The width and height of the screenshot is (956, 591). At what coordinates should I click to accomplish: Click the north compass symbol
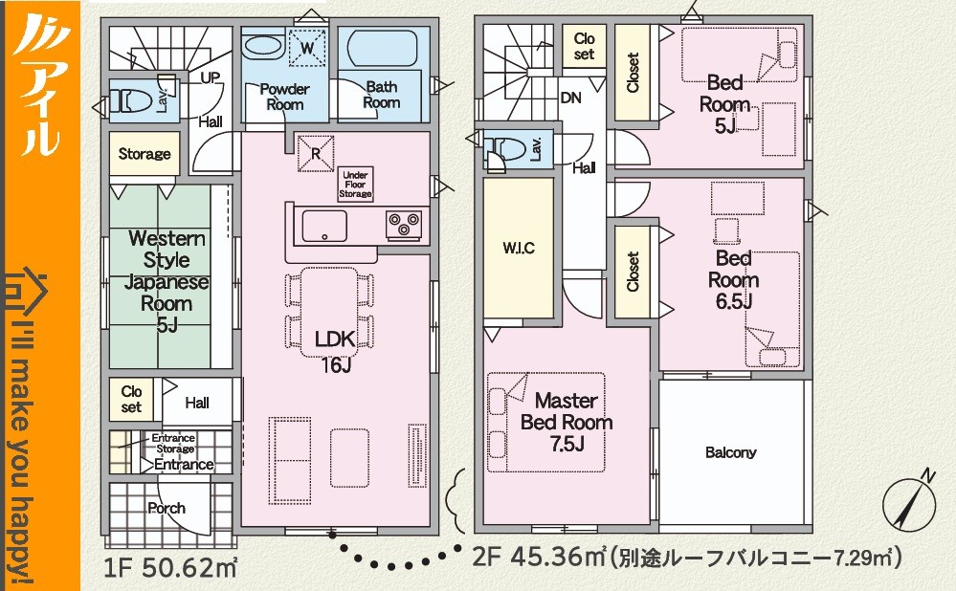click(x=909, y=502)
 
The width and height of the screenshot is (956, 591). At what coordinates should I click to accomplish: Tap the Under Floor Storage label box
click(x=355, y=184)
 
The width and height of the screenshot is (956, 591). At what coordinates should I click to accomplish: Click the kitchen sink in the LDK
click(x=324, y=226)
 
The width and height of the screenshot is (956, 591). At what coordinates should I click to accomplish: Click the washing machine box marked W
click(x=307, y=48)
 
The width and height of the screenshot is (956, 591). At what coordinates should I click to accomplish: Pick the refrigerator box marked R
click(x=316, y=153)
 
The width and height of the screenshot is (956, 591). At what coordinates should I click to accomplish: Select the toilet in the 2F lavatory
click(x=507, y=149)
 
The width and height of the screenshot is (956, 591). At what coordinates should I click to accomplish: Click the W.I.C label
click(x=519, y=248)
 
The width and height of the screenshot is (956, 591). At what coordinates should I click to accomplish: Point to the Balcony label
click(x=730, y=452)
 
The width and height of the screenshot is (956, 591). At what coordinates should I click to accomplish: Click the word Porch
click(x=167, y=508)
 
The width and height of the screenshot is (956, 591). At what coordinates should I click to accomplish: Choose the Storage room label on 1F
click(x=145, y=154)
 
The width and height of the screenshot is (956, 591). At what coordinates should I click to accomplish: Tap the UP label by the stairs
click(x=211, y=78)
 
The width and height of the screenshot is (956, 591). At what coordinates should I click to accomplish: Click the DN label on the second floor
click(x=570, y=98)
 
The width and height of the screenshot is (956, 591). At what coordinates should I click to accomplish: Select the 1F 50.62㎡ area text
click(x=170, y=568)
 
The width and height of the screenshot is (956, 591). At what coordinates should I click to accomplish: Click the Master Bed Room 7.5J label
click(x=567, y=423)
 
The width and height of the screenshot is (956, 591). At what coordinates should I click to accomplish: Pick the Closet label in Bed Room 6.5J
click(x=633, y=272)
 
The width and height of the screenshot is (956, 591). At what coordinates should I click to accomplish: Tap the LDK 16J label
click(x=335, y=350)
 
